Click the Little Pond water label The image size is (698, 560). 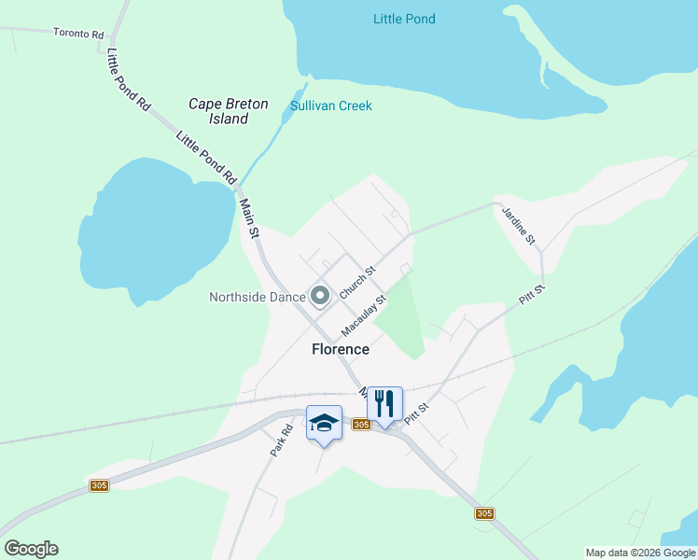[x=404, y=19]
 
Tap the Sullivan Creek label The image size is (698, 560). [x=330, y=105]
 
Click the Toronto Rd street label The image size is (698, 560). [x=78, y=34]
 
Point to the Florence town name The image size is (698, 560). [x=340, y=349]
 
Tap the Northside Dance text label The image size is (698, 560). [x=258, y=297]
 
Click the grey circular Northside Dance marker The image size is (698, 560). [x=320, y=297]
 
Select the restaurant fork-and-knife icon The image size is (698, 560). [x=384, y=403]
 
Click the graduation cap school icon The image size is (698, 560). [x=324, y=422]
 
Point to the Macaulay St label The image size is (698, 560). [x=364, y=316]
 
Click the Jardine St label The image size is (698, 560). [x=519, y=227]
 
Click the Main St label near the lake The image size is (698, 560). [x=247, y=217]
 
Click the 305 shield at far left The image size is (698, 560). [x=100, y=485]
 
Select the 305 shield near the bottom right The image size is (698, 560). [x=483, y=513]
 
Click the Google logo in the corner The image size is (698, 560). [x=31, y=549]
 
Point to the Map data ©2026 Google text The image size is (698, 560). [x=639, y=553]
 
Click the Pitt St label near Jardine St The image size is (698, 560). [x=531, y=296]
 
